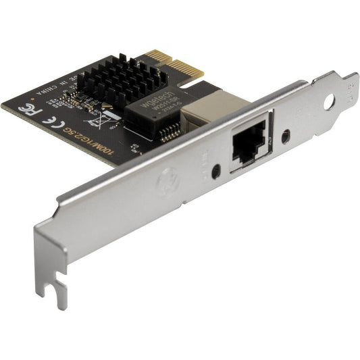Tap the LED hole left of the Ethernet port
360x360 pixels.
click(x=215, y=171)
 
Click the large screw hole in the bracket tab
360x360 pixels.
click(x=329, y=102)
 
